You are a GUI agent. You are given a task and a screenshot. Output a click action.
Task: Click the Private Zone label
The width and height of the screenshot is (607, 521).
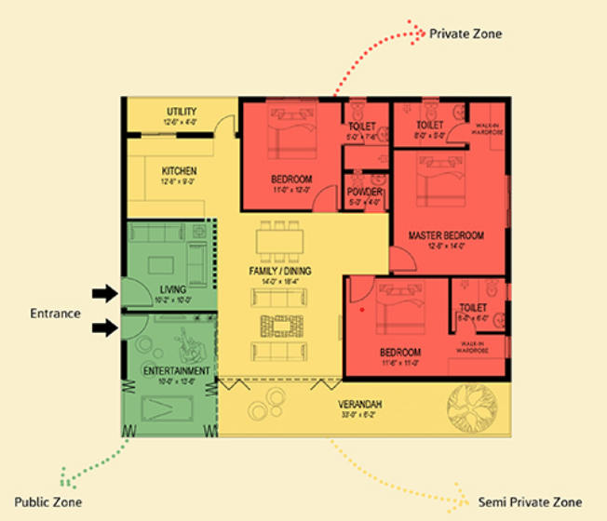(465, 33)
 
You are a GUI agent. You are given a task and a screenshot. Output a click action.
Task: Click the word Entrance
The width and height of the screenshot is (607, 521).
(55, 314)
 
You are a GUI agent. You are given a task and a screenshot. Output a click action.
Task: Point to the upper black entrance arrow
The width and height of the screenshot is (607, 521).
(104, 294)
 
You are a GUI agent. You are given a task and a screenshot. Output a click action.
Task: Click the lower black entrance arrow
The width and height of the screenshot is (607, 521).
(104, 327)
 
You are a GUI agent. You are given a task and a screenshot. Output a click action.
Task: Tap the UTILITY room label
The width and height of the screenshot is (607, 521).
(182, 112)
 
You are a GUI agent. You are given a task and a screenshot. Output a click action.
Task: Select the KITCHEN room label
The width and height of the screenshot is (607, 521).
(179, 171)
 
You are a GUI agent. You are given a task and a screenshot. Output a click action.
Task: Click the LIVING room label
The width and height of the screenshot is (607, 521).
(169, 289)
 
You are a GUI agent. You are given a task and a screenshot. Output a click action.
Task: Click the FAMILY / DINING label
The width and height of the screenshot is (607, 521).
(280, 271)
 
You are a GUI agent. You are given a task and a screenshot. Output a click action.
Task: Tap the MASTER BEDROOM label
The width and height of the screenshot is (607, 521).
(446, 236)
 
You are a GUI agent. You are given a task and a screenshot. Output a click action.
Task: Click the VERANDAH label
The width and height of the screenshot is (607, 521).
(361, 405)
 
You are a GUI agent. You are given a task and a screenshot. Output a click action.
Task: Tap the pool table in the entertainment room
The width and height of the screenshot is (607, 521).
(169, 406)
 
